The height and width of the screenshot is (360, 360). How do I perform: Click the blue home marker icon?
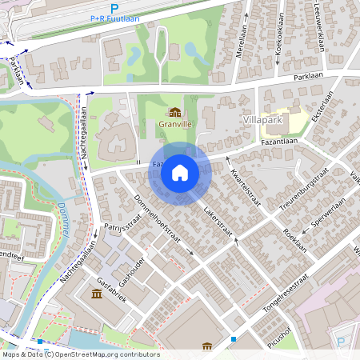pyautogui.click(x=180, y=173)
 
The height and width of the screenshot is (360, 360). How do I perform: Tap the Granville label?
pyautogui.click(x=174, y=125)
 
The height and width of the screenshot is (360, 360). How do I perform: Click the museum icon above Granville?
pyautogui.click(x=174, y=113)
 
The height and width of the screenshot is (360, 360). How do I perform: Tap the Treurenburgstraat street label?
pyautogui.click(x=306, y=190)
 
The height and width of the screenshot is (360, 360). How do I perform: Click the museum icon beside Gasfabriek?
pyautogui.click(x=97, y=294)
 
